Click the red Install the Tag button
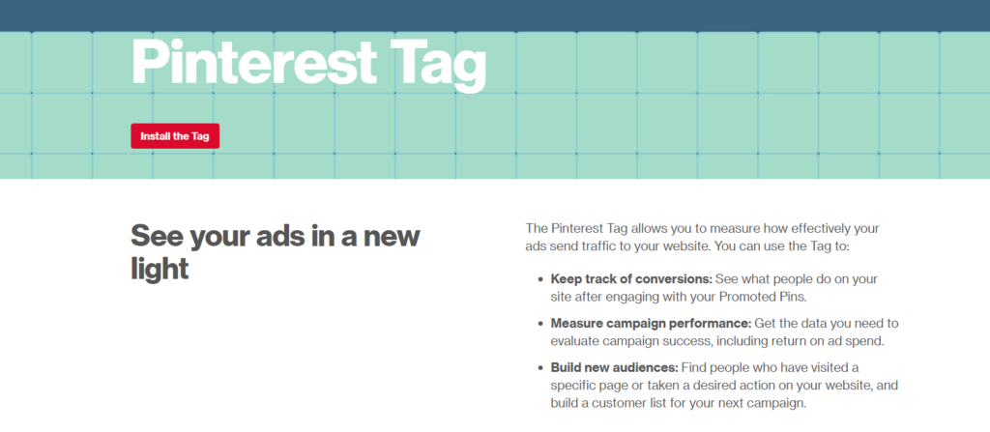tap(175, 136)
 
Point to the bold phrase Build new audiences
tap(614, 367)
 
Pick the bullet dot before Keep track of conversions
tap(539, 279)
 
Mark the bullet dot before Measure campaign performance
tap(539, 323)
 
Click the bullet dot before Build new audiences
tap(539, 367)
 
